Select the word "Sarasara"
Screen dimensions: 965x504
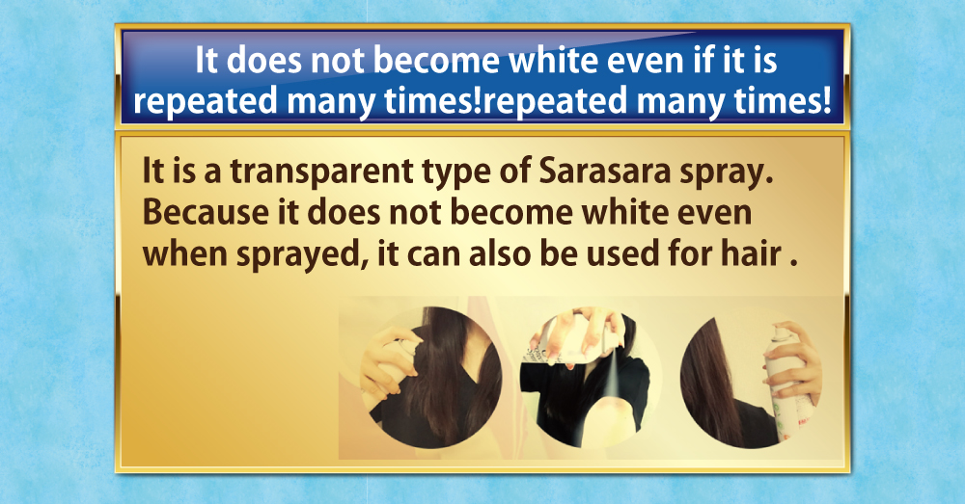tap(604, 172)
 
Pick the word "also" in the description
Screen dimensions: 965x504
tap(500, 253)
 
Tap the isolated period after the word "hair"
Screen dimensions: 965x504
tap(794, 264)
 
